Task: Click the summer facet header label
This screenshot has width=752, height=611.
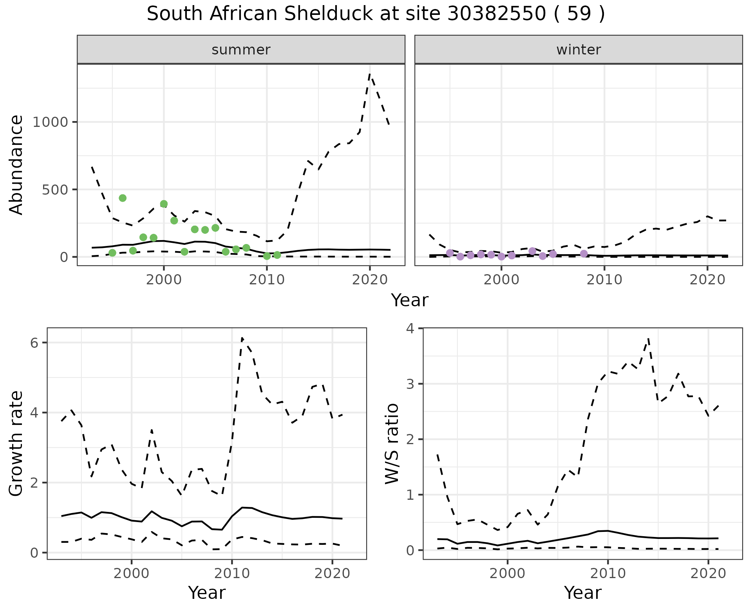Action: point(241,50)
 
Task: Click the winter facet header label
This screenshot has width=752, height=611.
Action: point(578,50)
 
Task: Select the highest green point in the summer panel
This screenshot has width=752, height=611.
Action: point(123,198)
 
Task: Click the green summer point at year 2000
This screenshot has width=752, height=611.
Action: point(164,204)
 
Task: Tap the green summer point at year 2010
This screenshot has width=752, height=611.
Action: point(267,256)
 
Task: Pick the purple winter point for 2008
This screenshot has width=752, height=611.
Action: point(584,253)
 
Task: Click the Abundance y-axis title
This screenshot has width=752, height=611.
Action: point(16,164)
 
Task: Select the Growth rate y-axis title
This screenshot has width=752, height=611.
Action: point(16,443)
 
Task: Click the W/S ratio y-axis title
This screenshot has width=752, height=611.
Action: point(392,443)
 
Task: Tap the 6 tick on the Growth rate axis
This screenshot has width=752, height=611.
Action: point(34,343)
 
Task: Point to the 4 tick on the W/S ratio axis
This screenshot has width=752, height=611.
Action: point(410,328)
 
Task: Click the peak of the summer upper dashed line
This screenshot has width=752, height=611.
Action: point(370,74)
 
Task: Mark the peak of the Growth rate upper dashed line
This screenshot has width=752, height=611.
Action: point(242,338)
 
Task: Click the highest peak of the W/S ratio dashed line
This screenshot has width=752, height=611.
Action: point(649,338)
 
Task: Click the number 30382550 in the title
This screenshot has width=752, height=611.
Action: point(496,14)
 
